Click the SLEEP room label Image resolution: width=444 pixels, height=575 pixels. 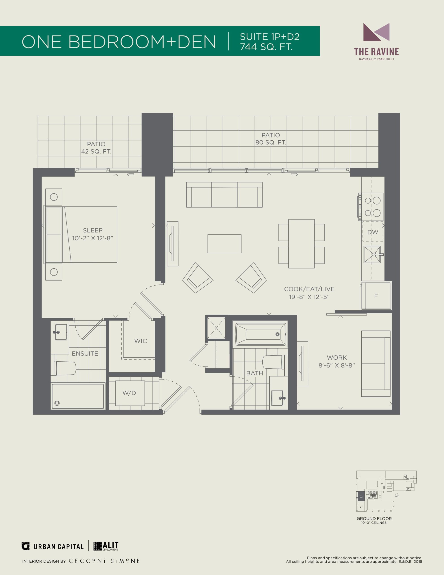coord(93,230)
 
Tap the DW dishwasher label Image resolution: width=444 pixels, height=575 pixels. coord(373,232)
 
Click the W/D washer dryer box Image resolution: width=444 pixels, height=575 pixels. coord(130,393)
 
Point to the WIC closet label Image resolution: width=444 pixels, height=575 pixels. coord(141,341)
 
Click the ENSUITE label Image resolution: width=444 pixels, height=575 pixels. coord(85,354)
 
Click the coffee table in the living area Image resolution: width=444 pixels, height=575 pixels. coord(224,244)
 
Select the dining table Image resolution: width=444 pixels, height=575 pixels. coord(301,244)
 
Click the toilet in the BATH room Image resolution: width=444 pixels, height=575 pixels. coord(273,362)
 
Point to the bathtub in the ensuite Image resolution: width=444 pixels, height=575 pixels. coord(78,396)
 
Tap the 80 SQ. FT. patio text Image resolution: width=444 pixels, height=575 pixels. coord(270,142)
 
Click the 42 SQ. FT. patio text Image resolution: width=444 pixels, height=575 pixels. coord(96,152)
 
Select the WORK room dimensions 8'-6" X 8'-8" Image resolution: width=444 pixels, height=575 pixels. coord(337,365)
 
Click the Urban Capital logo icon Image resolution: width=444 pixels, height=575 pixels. coord(26,546)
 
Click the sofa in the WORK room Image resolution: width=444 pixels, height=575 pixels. coord(376,364)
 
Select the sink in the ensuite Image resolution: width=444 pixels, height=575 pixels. coord(61,332)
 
